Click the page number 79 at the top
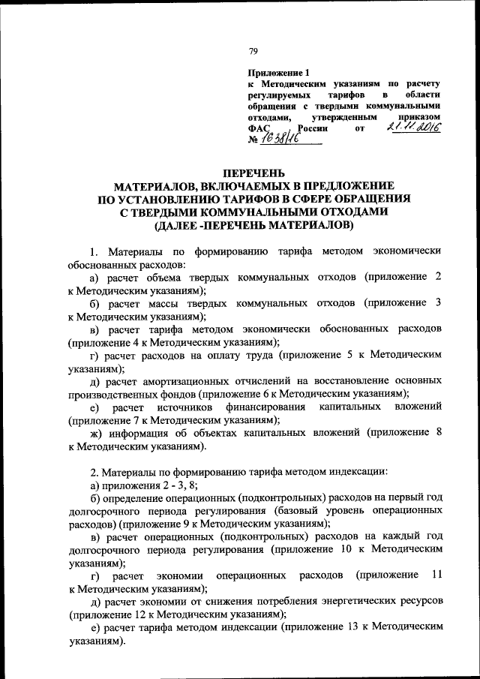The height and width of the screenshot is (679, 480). click(253, 51)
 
